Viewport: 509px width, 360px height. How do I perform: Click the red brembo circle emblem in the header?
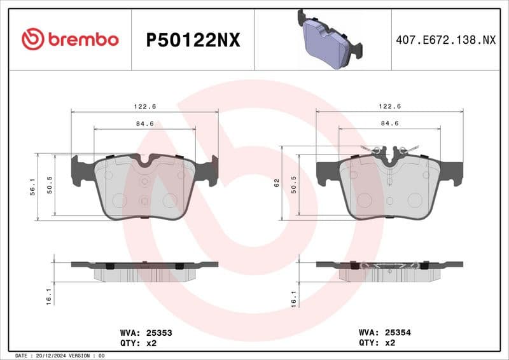[x=32, y=39]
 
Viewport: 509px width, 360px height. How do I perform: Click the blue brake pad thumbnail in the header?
[x=328, y=39]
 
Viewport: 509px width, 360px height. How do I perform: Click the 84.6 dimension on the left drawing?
[x=144, y=123]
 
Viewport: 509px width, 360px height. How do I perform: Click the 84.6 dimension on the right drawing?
[x=389, y=123]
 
